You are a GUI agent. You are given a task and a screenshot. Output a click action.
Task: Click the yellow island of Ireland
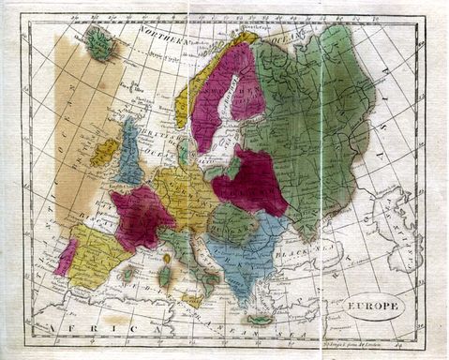[x=105, y=151]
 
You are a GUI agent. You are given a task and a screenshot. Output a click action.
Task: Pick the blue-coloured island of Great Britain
[x=130, y=155]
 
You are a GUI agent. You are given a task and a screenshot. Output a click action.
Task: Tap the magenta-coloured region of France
[x=141, y=217]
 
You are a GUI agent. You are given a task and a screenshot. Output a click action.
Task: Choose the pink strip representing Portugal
[x=66, y=258]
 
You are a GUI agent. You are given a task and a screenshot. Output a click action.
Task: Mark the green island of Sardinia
[x=165, y=276]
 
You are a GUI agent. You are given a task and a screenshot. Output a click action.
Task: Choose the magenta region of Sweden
[x=220, y=94]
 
